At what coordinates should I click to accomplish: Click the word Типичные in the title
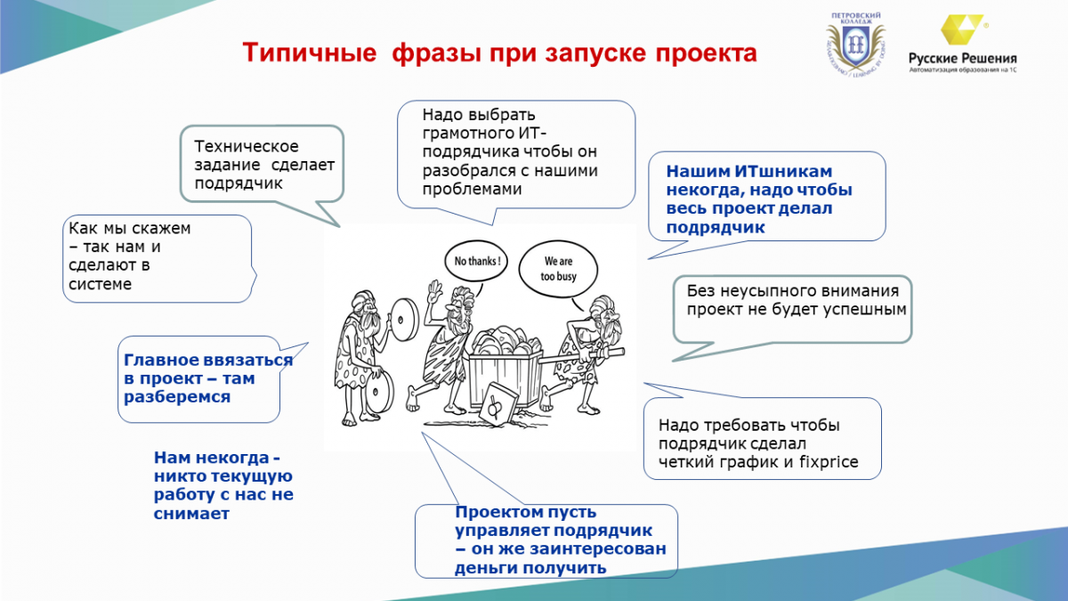pos(310,53)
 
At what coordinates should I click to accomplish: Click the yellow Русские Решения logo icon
pos(960,29)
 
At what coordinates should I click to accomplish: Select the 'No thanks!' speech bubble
pos(476,262)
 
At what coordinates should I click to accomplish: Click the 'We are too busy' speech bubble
pos(558,269)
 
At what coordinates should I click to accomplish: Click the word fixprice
pos(829,462)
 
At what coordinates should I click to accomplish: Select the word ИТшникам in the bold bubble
pos(783,171)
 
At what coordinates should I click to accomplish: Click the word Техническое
pos(246,146)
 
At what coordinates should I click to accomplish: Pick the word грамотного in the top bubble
pos(470,133)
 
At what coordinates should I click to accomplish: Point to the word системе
pos(100,284)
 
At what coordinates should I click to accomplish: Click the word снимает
pos(191,513)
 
